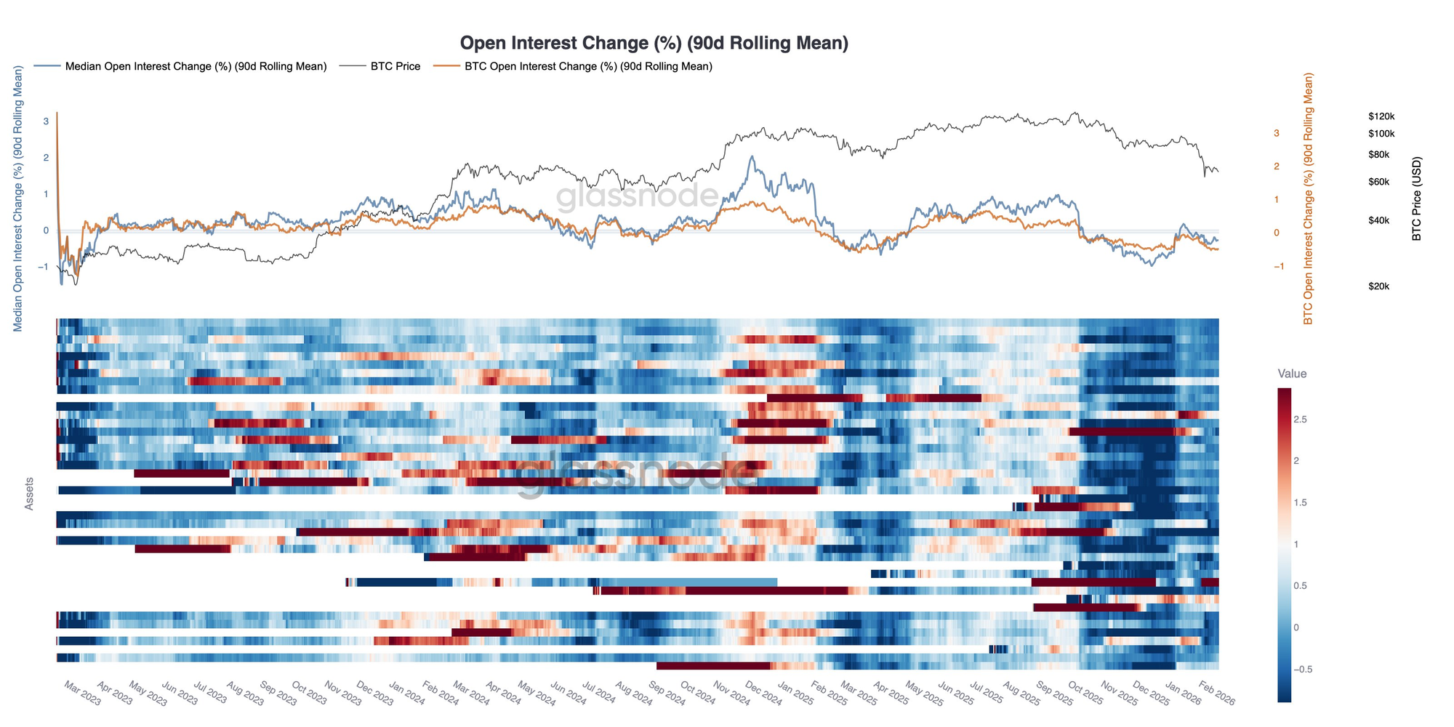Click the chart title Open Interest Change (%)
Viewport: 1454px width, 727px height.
pyautogui.click(x=654, y=44)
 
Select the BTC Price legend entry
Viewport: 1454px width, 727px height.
pyautogui.click(x=395, y=66)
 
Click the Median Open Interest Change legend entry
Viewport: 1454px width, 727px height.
pyautogui.click(x=196, y=66)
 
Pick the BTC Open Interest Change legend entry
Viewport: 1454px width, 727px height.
pyautogui.click(x=587, y=66)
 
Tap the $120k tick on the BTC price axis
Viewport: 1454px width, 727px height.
pyautogui.click(x=1381, y=116)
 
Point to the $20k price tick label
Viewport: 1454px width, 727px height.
pyautogui.click(x=1378, y=286)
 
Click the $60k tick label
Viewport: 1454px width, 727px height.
pyautogui.click(x=1378, y=182)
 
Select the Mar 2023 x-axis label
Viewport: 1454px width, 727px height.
pyautogui.click(x=82, y=694)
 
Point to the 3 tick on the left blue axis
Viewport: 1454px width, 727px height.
pyautogui.click(x=46, y=121)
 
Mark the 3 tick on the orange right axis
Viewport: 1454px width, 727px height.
pyautogui.click(x=1276, y=133)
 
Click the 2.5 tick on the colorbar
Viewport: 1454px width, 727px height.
pyautogui.click(x=1301, y=419)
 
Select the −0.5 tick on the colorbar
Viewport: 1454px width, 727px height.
pyautogui.click(x=1303, y=669)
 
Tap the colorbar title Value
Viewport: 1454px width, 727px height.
pyautogui.click(x=1292, y=374)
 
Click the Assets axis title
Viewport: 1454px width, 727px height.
pyautogui.click(x=30, y=494)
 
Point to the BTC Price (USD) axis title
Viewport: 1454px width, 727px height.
pyautogui.click(x=1416, y=198)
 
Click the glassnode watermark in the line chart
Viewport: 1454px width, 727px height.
pyautogui.click(x=638, y=196)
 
